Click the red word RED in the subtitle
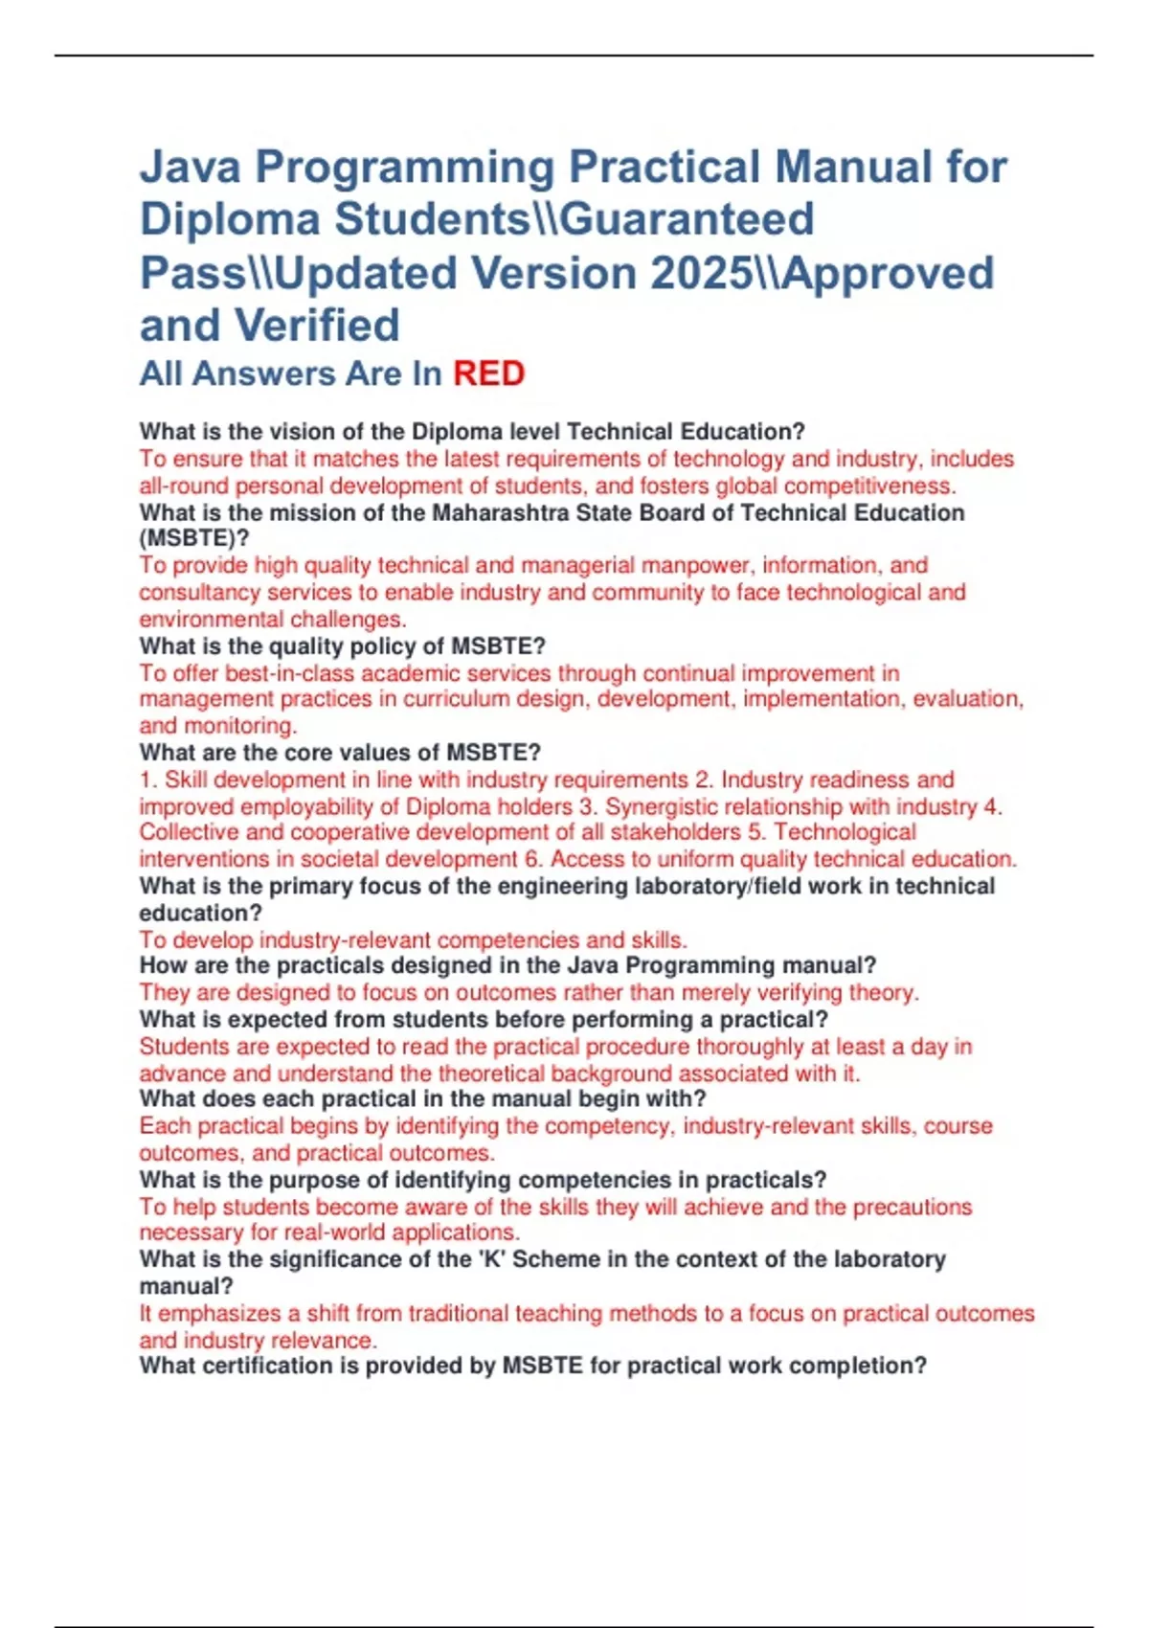(488, 373)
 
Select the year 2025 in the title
(701, 273)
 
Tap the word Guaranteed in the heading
(687, 219)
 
